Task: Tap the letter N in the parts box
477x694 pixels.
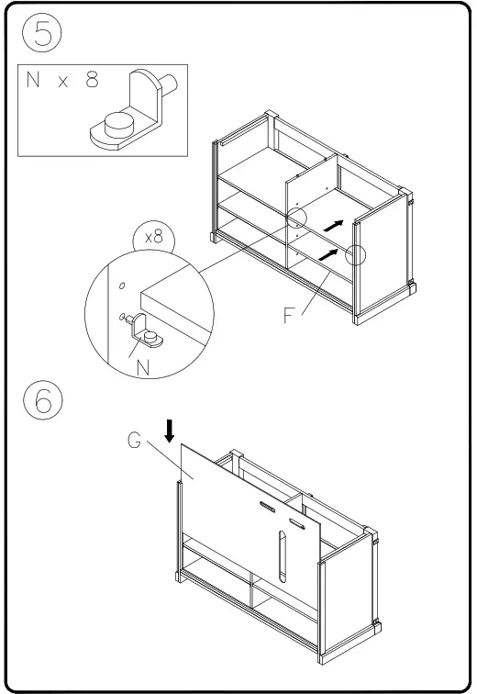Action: (x=35, y=80)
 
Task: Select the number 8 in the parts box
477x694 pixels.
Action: (x=92, y=80)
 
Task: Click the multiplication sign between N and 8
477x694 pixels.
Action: (x=62, y=81)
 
